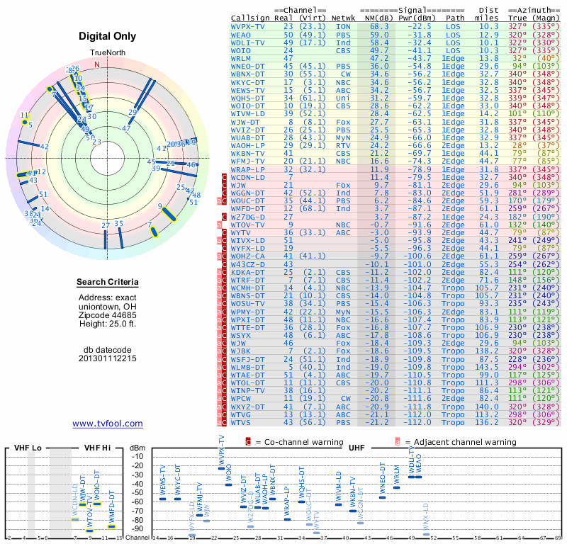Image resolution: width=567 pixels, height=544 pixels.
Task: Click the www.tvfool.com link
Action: (x=107, y=424)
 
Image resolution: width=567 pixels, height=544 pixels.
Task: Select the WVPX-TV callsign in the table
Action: (x=248, y=25)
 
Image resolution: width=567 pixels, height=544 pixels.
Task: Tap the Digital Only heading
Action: (x=107, y=36)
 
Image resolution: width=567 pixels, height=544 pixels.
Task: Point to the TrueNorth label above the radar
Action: (x=107, y=54)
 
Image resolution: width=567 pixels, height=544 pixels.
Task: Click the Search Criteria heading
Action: (x=107, y=283)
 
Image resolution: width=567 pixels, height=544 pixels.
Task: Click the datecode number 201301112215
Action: (x=107, y=358)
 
